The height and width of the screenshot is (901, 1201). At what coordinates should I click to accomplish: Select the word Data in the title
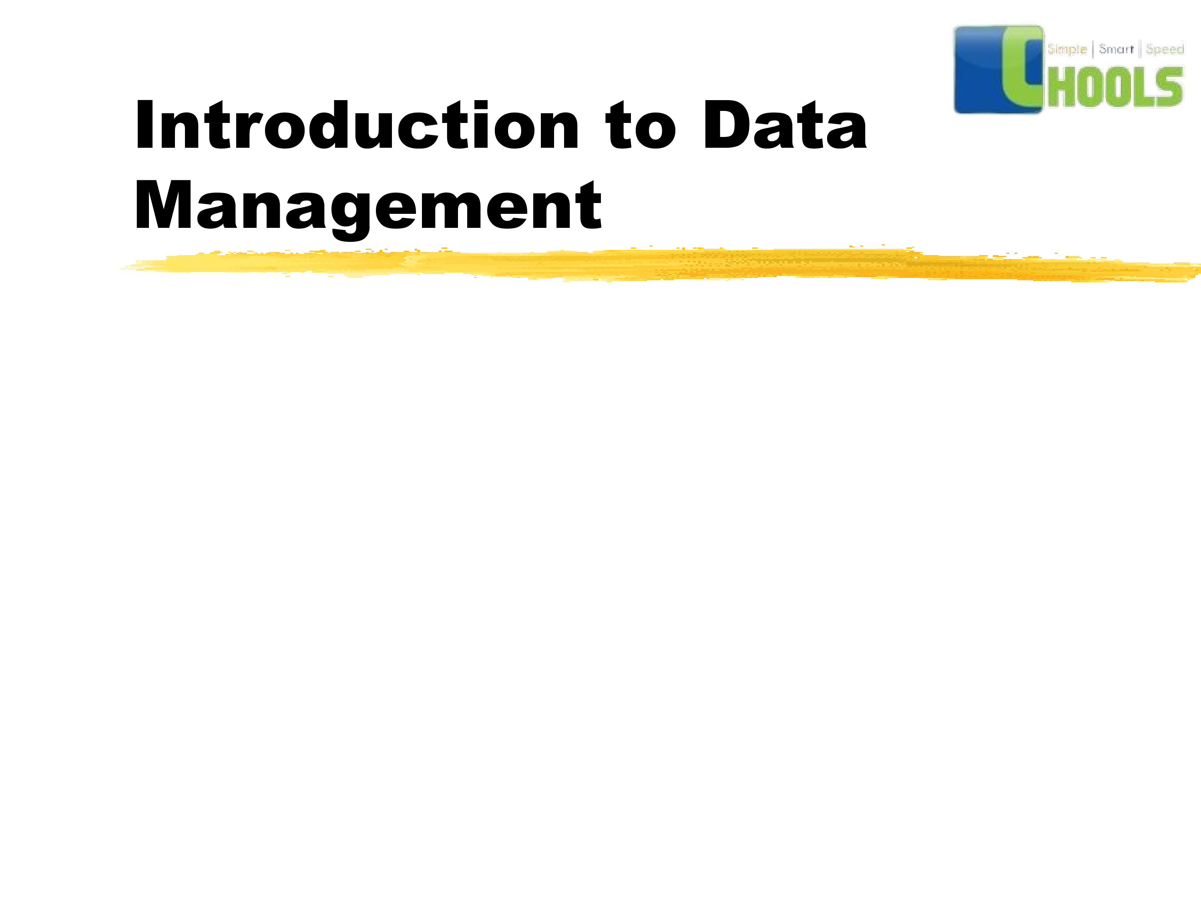785,125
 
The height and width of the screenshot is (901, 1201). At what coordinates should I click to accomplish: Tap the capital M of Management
163,204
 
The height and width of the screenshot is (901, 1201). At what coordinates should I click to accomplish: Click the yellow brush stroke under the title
660,264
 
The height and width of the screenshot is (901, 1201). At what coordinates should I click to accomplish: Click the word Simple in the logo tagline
1067,49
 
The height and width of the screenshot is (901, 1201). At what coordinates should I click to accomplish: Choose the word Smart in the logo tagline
1116,49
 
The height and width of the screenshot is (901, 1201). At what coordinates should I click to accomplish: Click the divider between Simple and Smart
1093,49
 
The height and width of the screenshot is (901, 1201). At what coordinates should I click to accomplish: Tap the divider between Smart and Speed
1140,49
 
